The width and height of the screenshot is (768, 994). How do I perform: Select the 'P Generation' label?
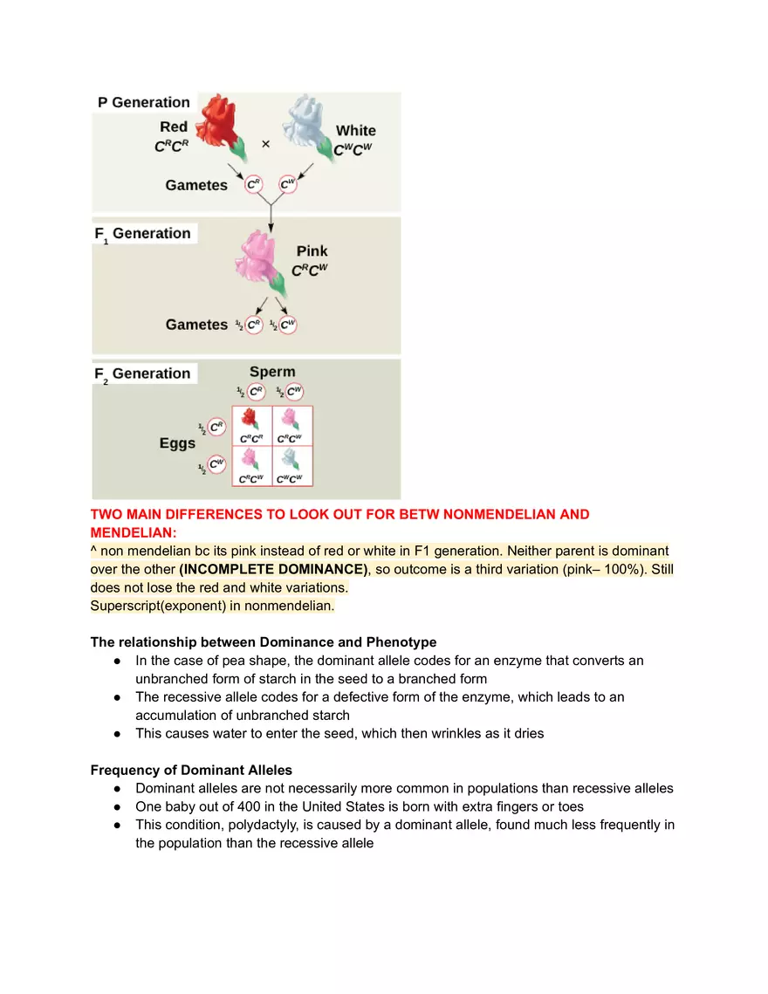[x=143, y=102]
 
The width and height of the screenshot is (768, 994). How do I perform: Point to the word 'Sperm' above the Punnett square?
[x=272, y=372]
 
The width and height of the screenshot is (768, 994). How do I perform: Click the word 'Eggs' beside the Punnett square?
[x=177, y=443]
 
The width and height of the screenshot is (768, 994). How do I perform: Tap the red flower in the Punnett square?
[x=251, y=419]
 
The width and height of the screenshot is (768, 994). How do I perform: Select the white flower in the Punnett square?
[x=291, y=459]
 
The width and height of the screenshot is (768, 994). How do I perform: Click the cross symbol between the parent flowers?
[x=265, y=143]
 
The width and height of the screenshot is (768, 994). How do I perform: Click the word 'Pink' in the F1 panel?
[x=312, y=250]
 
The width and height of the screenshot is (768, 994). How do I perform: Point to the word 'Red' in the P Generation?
[x=174, y=127]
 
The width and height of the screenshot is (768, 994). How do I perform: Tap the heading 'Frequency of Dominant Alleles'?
[x=191, y=770]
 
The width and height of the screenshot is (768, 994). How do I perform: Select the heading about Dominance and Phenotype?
[x=264, y=642]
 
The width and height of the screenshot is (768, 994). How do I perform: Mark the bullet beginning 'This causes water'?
[x=339, y=733]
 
